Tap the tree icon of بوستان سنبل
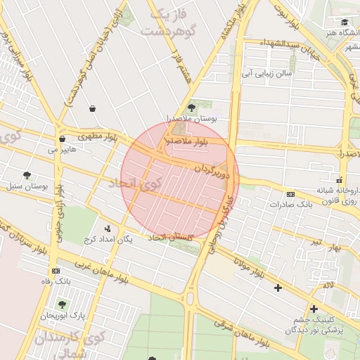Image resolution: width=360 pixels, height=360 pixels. coord(27,175)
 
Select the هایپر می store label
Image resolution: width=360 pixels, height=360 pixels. coord(61,150)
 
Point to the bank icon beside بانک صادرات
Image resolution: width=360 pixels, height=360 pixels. coord(290,194)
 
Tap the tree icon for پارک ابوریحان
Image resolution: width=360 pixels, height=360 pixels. coord(62,304)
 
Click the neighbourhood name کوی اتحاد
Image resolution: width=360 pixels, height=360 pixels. coord(136,184)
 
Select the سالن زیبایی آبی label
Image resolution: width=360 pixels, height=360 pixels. coord(267,72)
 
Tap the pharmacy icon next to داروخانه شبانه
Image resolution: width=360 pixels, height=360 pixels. coord(340,179)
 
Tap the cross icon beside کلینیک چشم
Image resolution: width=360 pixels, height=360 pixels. coord(313,308)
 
